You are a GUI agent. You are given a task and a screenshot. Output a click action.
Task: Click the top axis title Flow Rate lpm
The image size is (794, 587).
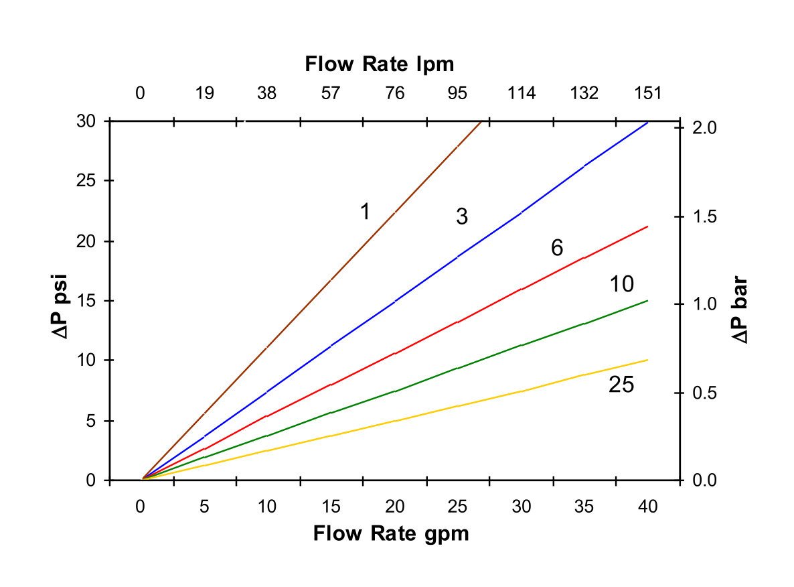[379, 64]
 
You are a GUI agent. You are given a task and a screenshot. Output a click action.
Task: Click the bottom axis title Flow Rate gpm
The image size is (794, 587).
[391, 534]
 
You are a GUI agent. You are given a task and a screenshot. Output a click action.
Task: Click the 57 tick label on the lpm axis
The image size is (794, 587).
[331, 93]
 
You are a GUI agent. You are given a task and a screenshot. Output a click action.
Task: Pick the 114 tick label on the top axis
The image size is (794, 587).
[522, 93]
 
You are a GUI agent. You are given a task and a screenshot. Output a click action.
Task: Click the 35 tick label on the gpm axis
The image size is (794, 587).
[584, 507]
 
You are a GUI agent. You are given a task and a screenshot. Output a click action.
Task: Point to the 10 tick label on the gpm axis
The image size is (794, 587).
[267, 507]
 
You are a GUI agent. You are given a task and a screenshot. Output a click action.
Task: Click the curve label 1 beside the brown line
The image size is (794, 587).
[365, 212]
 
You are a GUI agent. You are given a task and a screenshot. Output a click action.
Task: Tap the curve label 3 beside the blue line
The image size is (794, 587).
[461, 216]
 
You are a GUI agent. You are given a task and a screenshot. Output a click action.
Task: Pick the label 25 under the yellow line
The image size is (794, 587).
[621, 385]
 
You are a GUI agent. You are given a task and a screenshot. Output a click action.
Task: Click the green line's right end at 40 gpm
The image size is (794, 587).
[647, 301]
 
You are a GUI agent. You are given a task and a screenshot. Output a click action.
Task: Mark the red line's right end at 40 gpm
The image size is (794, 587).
[647, 227]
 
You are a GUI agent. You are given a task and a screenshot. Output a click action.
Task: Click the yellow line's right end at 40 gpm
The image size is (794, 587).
[647, 360]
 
